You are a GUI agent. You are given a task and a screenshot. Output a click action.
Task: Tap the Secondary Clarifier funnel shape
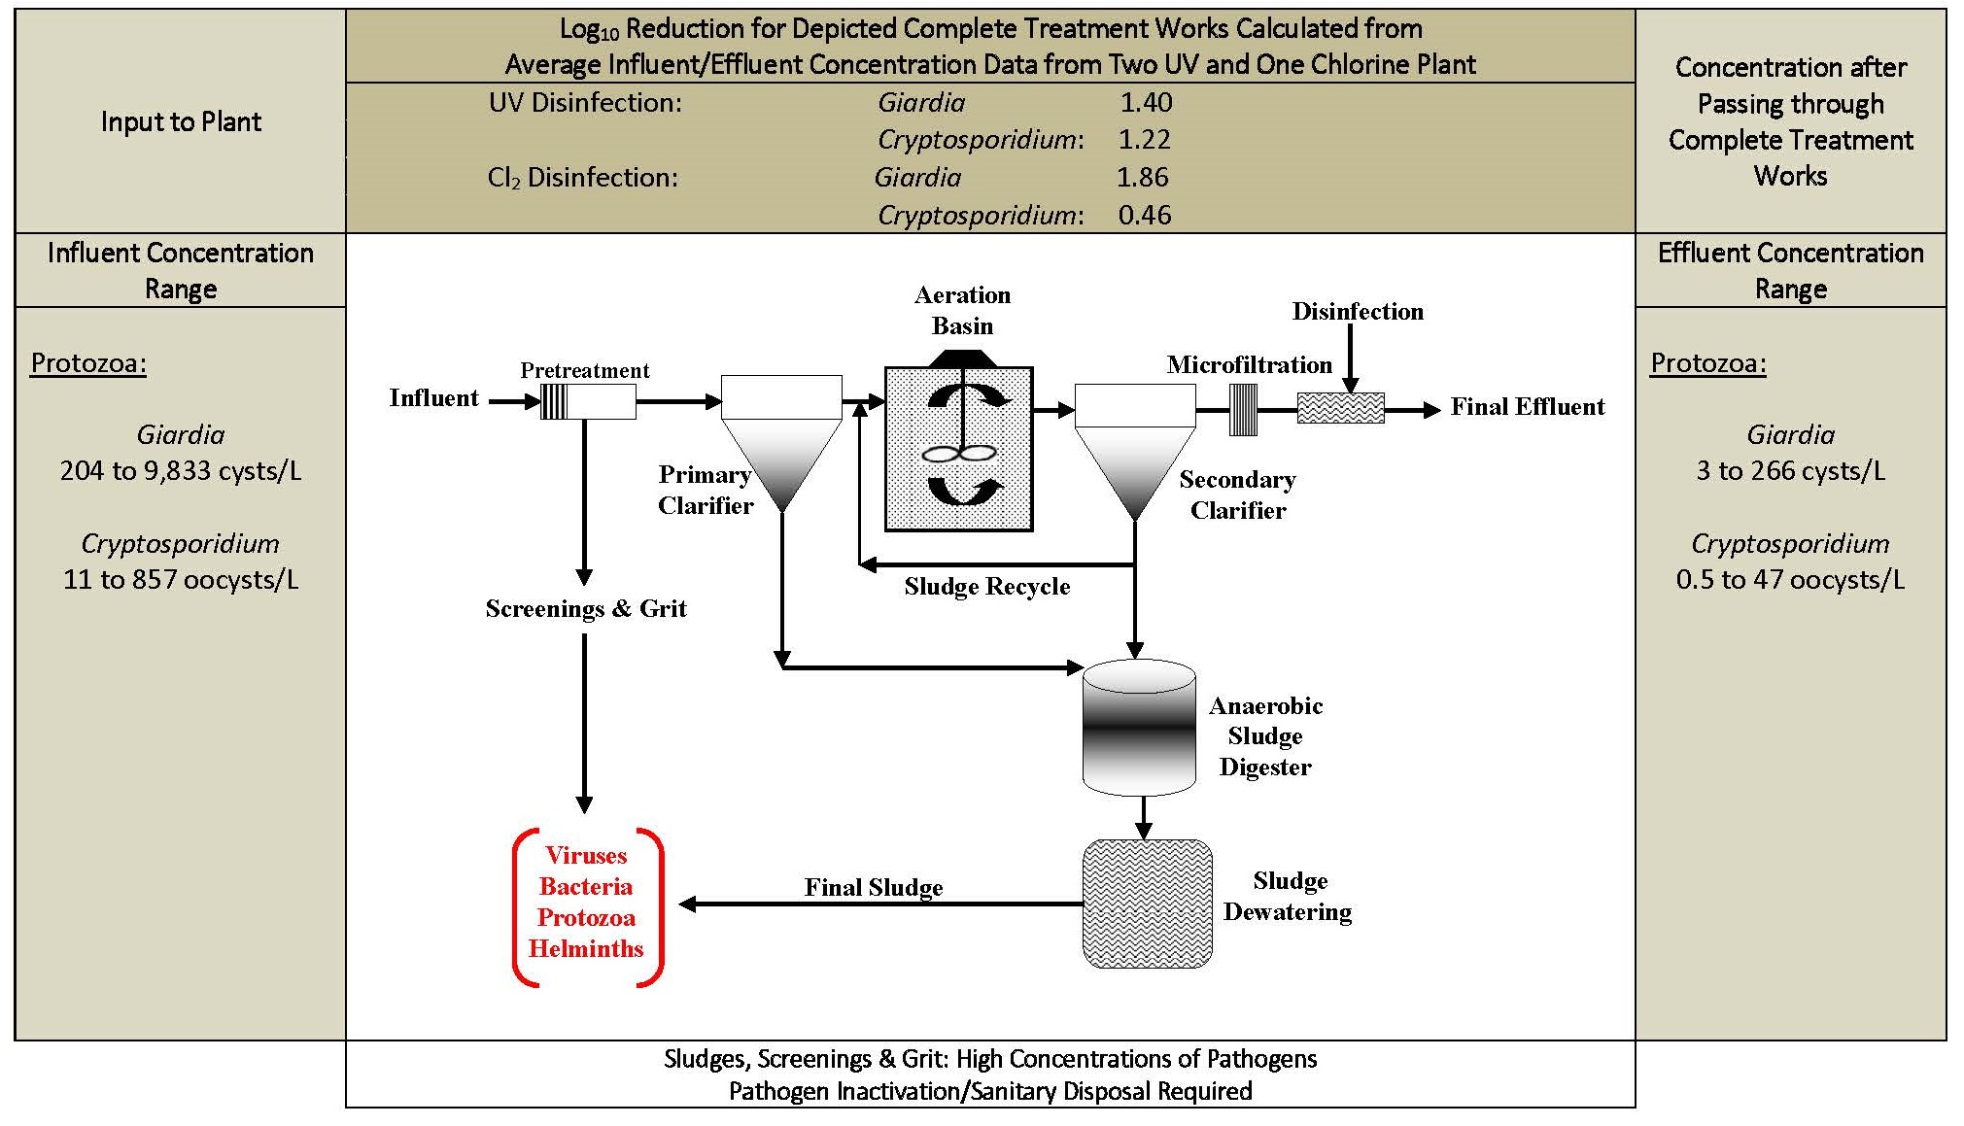[1135, 451]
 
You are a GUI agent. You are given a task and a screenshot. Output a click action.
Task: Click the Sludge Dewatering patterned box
[1147, 904]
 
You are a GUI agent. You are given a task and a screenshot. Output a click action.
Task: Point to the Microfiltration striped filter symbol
[1244, 410]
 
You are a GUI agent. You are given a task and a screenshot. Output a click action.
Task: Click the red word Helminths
[586, 949]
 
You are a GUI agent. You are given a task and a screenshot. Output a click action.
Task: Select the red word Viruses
[586, 856]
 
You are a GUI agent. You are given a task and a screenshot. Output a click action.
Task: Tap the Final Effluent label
[1528, 407]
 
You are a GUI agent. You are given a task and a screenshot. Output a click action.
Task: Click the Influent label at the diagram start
[433, 398]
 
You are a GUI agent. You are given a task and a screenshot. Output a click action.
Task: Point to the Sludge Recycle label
[987, 587]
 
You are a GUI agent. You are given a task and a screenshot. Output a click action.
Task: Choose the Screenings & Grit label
[586, 609]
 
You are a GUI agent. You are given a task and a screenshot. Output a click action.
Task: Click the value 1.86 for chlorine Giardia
[1143, 178]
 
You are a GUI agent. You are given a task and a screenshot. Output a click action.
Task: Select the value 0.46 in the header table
[1145, 215]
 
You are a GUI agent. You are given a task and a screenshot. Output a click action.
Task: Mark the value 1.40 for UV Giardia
[1147, 103]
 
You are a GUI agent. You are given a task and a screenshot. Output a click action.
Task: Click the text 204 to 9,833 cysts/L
[181, 471]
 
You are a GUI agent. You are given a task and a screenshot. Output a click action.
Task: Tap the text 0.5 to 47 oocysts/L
[1790, 580]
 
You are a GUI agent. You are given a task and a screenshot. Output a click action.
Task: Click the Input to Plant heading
[181, 122]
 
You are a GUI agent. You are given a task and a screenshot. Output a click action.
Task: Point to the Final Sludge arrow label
[874, 888]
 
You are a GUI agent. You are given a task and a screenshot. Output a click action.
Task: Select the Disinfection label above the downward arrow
[1358, 312]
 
